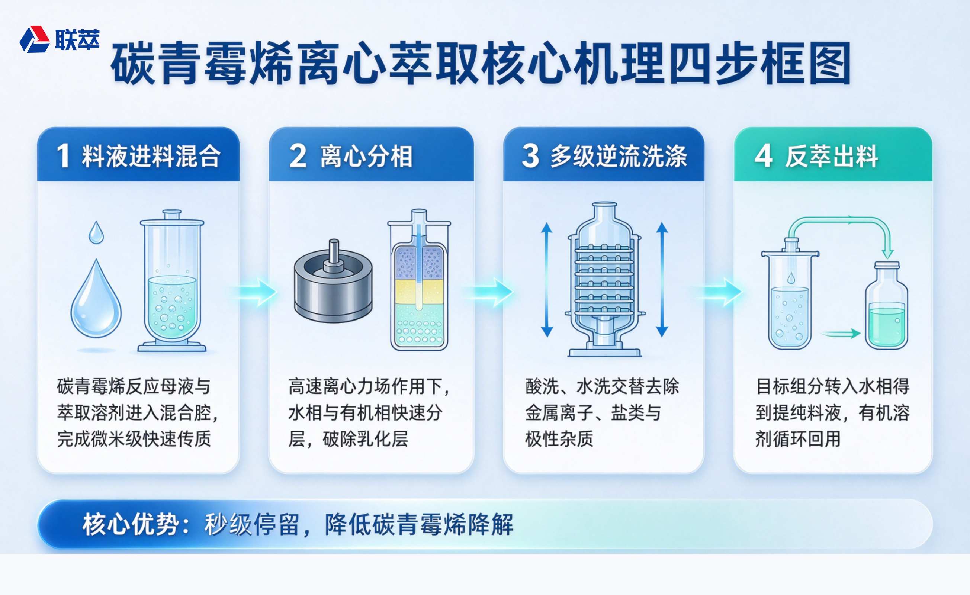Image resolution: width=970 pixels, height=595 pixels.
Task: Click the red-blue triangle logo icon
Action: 35,39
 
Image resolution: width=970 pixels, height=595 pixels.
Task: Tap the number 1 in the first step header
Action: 63,156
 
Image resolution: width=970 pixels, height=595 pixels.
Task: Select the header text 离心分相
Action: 366,156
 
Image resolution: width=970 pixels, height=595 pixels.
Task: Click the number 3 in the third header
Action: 530,156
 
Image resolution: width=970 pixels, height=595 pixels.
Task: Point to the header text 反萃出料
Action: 831,156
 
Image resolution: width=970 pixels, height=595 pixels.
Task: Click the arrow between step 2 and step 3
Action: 489,292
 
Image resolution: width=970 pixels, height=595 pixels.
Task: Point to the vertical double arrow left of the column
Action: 546,280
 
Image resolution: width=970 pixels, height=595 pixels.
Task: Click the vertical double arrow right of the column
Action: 662,280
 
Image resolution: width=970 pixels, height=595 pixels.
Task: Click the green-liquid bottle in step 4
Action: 887,305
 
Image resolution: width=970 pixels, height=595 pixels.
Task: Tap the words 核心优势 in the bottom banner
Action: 131,525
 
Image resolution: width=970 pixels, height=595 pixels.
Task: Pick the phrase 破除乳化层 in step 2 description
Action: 365,439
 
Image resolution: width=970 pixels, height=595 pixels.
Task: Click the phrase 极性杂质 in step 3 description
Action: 559,439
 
